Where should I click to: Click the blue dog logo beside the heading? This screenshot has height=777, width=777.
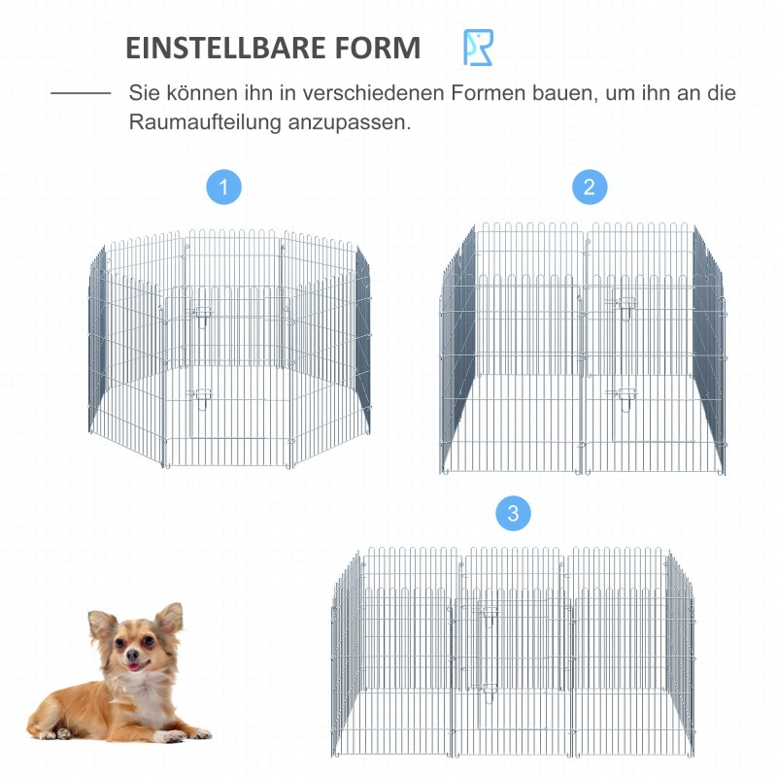[478, 48]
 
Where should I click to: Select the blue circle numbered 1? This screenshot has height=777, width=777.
[224, 186]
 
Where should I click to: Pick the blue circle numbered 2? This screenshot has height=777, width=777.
[590, 186]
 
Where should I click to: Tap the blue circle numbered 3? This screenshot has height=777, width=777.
[514, 512]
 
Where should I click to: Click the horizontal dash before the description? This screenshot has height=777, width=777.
[81, 94]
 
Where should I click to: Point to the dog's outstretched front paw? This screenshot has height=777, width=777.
[190, 733]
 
